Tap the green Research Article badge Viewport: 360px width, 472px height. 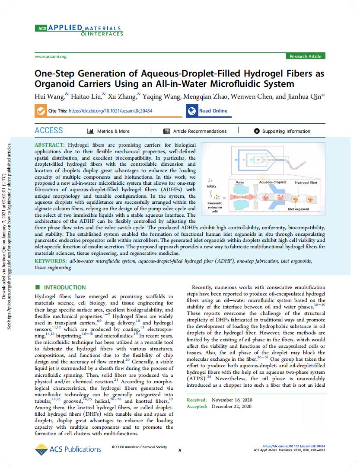tap(305, 56)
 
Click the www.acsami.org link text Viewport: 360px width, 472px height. tap(50, 57)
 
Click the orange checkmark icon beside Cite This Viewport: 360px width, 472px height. tap(41, 111)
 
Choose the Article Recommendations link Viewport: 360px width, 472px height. tap(199, 131)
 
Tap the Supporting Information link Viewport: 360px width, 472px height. tap(286, 131)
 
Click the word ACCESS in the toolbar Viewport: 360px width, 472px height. tap(49, 131)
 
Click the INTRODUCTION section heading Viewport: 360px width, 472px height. tap(64, 287)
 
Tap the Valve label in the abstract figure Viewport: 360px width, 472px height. tap(240, 183)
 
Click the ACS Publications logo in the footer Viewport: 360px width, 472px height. tap(68, 449)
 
